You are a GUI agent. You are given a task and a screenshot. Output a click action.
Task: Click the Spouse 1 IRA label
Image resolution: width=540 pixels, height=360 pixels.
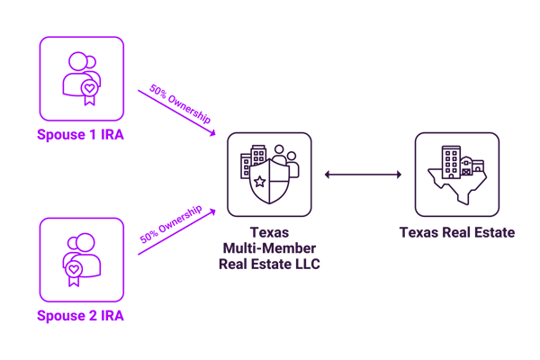[82, 135]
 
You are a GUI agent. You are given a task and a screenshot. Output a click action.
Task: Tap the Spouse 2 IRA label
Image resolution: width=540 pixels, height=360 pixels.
[82, 316]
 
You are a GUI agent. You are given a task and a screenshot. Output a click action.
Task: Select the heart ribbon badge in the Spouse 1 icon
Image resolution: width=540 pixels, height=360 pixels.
[88, 90]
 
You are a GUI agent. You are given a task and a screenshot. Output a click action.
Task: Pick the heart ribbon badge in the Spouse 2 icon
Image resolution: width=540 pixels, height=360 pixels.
[73, 269]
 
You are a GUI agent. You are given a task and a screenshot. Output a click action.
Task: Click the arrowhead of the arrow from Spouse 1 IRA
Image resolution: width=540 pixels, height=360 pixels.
[213, 134]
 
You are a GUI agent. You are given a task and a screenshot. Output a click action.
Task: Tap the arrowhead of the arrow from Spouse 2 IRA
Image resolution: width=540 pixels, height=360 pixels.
[213, 210]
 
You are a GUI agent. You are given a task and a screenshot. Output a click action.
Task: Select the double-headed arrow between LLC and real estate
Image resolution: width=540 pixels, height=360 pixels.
[363, 174]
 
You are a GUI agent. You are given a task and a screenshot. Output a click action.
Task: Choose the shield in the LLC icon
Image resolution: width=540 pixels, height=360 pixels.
[269, 180]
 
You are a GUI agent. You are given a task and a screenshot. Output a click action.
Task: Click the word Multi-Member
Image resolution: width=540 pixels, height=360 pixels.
[269, 247]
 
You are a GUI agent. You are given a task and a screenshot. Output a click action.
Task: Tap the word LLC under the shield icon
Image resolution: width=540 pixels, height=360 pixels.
[303, 264]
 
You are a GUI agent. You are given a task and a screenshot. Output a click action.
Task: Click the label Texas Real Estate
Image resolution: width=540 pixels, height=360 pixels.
[456, 233]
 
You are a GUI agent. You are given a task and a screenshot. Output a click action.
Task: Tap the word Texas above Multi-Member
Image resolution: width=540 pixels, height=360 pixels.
[269, 231]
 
